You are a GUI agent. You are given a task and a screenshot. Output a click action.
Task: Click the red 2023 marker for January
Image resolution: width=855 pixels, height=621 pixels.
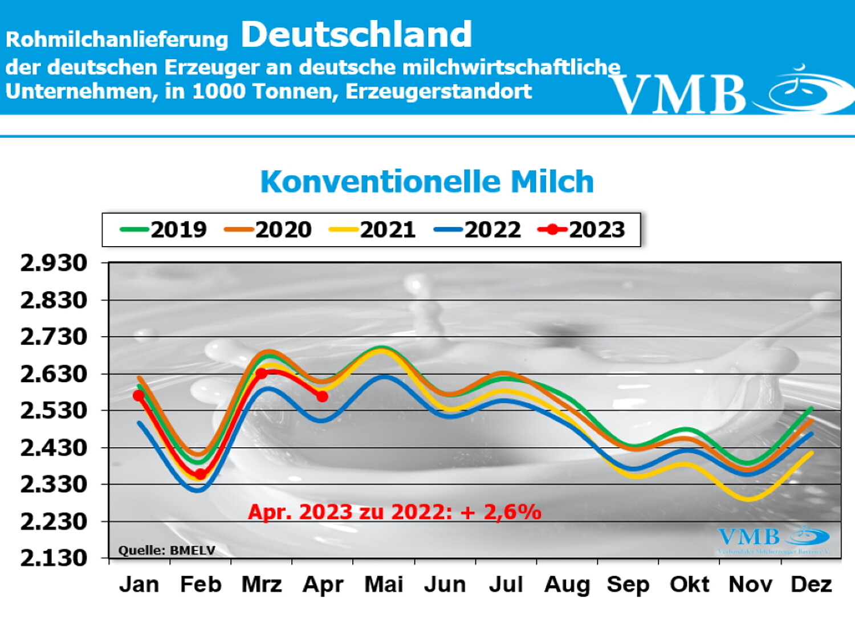pos(139,395)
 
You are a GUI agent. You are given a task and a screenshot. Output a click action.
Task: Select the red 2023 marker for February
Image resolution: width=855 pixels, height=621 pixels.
pos(200,474)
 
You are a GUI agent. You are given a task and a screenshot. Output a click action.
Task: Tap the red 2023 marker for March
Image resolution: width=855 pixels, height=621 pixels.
pos(261,374)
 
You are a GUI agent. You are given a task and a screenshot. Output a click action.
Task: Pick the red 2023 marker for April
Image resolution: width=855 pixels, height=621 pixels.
pos(323,396)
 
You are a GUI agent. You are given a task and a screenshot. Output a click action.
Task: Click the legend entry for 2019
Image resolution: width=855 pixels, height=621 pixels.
pos(164,230)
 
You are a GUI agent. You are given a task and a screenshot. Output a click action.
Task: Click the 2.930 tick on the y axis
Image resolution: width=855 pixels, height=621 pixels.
pos(54,263)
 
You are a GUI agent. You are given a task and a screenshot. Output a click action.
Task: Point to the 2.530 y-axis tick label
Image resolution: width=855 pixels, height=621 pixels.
pos(54,411)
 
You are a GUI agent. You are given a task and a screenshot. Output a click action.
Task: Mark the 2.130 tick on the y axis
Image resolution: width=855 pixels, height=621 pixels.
pos(54,558)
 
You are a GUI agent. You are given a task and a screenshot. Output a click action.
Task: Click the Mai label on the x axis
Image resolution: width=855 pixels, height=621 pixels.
pos(384,585)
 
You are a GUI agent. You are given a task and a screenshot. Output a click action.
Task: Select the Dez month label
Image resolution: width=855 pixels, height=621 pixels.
pos(811,585)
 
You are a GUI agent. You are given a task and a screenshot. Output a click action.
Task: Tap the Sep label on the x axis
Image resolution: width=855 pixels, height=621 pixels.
pos(628,585)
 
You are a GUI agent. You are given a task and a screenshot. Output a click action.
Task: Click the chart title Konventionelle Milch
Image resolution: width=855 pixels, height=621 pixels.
pos(427,182)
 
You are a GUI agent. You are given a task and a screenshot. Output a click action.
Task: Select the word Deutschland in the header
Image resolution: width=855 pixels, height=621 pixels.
pos(356,34)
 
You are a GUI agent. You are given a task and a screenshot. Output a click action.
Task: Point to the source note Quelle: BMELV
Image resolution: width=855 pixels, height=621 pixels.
pos(166,550)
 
